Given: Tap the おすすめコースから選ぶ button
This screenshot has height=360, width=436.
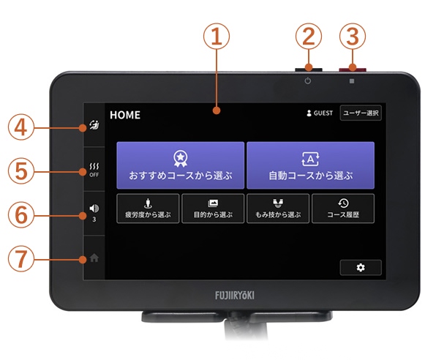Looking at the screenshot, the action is click(181, 165).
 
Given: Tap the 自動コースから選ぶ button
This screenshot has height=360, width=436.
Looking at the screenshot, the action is click(310, 165).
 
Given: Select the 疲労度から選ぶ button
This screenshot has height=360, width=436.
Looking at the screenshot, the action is click(148, 209).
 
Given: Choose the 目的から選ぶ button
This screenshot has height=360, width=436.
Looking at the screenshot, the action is click(213, 209).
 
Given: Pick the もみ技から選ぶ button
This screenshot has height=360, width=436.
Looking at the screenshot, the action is click(278, 209).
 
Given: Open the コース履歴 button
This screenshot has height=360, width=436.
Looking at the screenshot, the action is click(343, 209).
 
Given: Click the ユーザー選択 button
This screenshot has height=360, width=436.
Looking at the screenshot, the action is click(361, 113).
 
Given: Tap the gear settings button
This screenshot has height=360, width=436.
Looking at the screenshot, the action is click(361, 268).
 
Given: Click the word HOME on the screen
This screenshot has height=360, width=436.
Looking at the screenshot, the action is click(125, 115).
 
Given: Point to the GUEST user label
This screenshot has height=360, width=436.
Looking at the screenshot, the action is click(320, 113).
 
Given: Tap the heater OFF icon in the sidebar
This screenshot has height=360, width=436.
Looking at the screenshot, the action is click(94, 170).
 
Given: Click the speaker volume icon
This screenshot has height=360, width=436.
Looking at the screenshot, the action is click(94, 209).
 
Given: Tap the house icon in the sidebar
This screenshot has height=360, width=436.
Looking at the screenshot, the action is click(94, 258).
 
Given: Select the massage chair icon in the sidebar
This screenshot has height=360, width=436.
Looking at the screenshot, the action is click(94, 125).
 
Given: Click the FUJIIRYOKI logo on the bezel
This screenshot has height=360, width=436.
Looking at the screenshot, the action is click(235, 296).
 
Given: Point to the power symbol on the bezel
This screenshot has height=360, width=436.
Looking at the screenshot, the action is click(308, 81).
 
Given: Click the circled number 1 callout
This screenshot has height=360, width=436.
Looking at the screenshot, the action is click(217, 37).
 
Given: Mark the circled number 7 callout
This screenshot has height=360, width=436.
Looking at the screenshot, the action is click(21, 258).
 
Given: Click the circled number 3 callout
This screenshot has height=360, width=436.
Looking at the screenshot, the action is click(353, 37).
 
